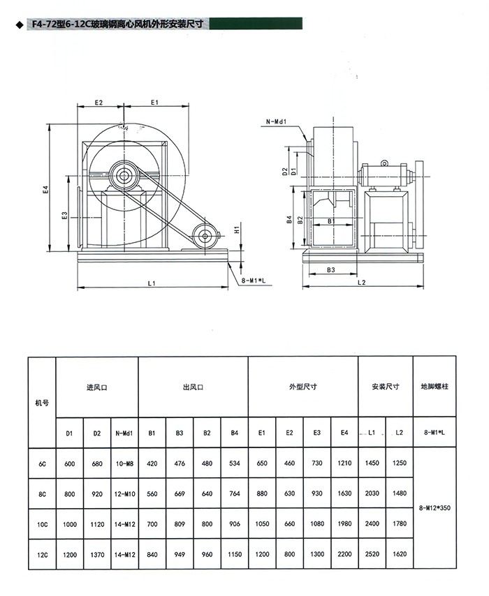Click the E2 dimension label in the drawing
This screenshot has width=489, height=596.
coord(99,103)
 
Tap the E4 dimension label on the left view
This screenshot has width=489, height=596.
coord(46,190)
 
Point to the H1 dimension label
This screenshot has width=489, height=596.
coord(237,229)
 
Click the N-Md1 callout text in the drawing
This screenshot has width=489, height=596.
coord(276,121)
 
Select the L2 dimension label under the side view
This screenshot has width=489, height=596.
coord(362,283)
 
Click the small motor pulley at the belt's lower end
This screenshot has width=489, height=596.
coord(205,237)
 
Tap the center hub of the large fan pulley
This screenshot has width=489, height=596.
coord(123,176)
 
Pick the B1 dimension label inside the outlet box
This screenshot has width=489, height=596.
coord(331,221)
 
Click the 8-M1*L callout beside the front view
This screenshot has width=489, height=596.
coord(254,281)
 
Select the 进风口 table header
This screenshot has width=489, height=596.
coord(97,387)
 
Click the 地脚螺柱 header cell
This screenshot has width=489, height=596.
coord(435,387)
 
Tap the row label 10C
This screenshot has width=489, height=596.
coord(42,525)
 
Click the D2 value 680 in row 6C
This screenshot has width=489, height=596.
coord(97,463)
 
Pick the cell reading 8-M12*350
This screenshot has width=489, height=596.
coord(435,508)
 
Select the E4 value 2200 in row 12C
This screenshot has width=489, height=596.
coord(344,554)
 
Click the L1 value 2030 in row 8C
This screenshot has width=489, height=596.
coord(372,493)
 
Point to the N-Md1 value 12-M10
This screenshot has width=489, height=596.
coord(124,494)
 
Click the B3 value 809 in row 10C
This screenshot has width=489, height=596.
coord(180,524)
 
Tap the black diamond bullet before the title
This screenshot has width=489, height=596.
coord(20,25)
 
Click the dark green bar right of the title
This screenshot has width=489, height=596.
coord(256,23)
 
